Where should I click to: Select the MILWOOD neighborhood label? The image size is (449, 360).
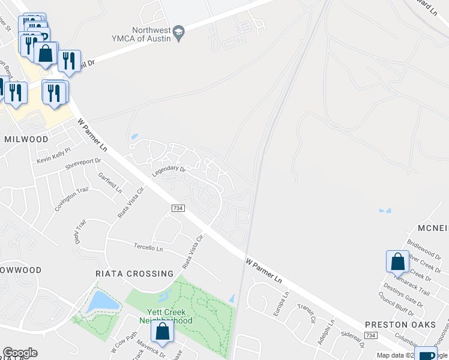click(26, 139)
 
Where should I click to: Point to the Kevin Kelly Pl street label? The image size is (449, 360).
click(53, 155)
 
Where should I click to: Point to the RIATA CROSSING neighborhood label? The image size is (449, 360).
click(134, 274)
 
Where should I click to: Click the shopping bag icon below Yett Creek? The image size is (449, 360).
click(163, 331)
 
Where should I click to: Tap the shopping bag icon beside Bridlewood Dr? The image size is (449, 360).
click(397, 262)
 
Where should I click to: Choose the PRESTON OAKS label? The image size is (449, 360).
click(400, 325)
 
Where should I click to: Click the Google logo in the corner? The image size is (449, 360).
click(20, 353)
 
